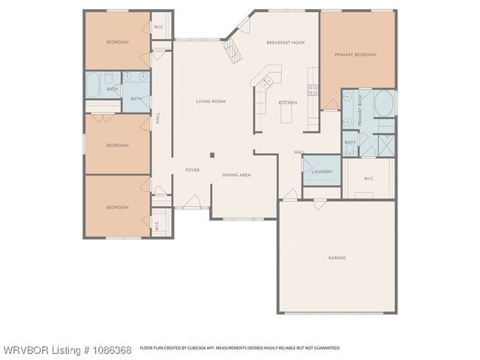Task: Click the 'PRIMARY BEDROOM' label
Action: (x=355, y=55)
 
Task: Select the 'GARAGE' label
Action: (x=337, y=258)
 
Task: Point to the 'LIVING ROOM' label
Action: (x=211, y=101)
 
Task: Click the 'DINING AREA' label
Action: (x=236, y=175)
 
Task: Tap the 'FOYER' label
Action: (x=192, y=170)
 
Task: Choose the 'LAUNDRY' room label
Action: (x=321, y=172)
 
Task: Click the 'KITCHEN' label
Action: (x=288, y=103)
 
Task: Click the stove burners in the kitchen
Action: (x=313, y=91)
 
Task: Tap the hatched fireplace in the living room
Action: (x=234, y=51)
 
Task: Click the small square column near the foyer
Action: (x=212, y=155)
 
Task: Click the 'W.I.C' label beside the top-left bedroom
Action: (x=159, y=27)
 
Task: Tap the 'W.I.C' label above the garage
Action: (x=369, y=178)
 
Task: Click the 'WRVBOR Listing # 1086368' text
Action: (x=67, y=350)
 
